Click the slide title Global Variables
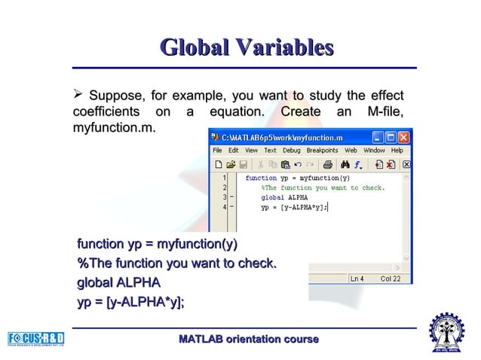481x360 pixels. point(247,48)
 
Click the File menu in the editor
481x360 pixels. point(217,150)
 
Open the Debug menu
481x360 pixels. point(291,150)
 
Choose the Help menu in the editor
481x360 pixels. point(397,150)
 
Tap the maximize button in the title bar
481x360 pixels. point(390,138)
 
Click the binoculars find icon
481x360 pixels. point(345,163)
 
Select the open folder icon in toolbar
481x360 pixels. point(231,163)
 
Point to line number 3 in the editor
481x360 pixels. point(224,197)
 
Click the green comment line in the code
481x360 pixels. point(323,188)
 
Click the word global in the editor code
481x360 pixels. point(272,197)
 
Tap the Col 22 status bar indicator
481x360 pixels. point(391,278)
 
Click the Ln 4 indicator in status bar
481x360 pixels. point(357,278)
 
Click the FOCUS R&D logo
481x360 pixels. point(35,337)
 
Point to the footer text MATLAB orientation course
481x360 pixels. point(248,340)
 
